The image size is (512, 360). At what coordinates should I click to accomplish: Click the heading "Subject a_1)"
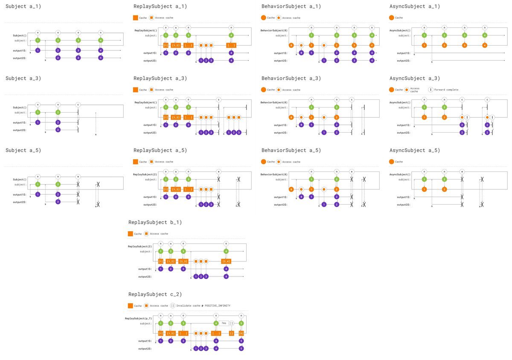23,7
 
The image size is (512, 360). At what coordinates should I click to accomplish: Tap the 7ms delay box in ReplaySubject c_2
224,323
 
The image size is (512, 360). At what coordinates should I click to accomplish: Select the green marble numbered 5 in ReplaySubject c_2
241,323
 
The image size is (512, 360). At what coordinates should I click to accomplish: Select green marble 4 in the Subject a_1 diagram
100,40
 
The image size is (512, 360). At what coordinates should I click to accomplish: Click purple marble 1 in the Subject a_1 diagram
38,50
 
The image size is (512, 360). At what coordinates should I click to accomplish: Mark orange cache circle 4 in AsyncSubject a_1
484,45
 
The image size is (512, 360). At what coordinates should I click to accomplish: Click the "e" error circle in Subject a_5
78,176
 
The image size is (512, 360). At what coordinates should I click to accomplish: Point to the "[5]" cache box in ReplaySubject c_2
241,333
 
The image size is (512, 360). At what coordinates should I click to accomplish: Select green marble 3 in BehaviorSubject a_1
354,35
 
